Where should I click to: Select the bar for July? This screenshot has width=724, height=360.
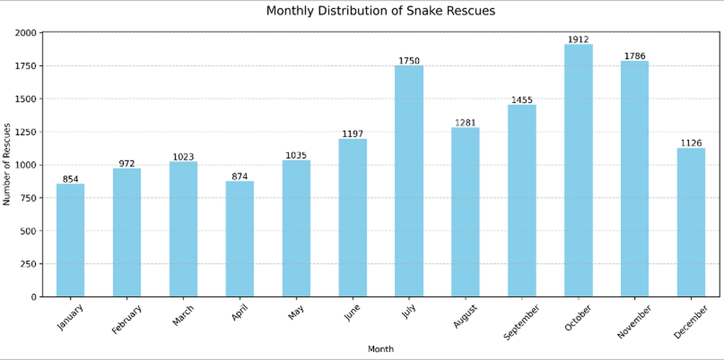click(409, 181)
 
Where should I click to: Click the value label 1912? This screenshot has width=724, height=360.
click(579, 40)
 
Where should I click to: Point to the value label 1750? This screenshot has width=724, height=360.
click(409, 61)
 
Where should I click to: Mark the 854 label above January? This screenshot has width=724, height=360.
click(71, 179)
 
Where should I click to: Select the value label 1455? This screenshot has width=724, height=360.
click(522, 100)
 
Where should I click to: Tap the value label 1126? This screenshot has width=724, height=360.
click(691, 144)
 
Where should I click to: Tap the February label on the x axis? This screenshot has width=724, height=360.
click(127, 319)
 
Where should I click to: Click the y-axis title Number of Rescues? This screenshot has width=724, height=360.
click(7, 164)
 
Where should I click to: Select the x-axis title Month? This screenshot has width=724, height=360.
click(381, 349)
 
